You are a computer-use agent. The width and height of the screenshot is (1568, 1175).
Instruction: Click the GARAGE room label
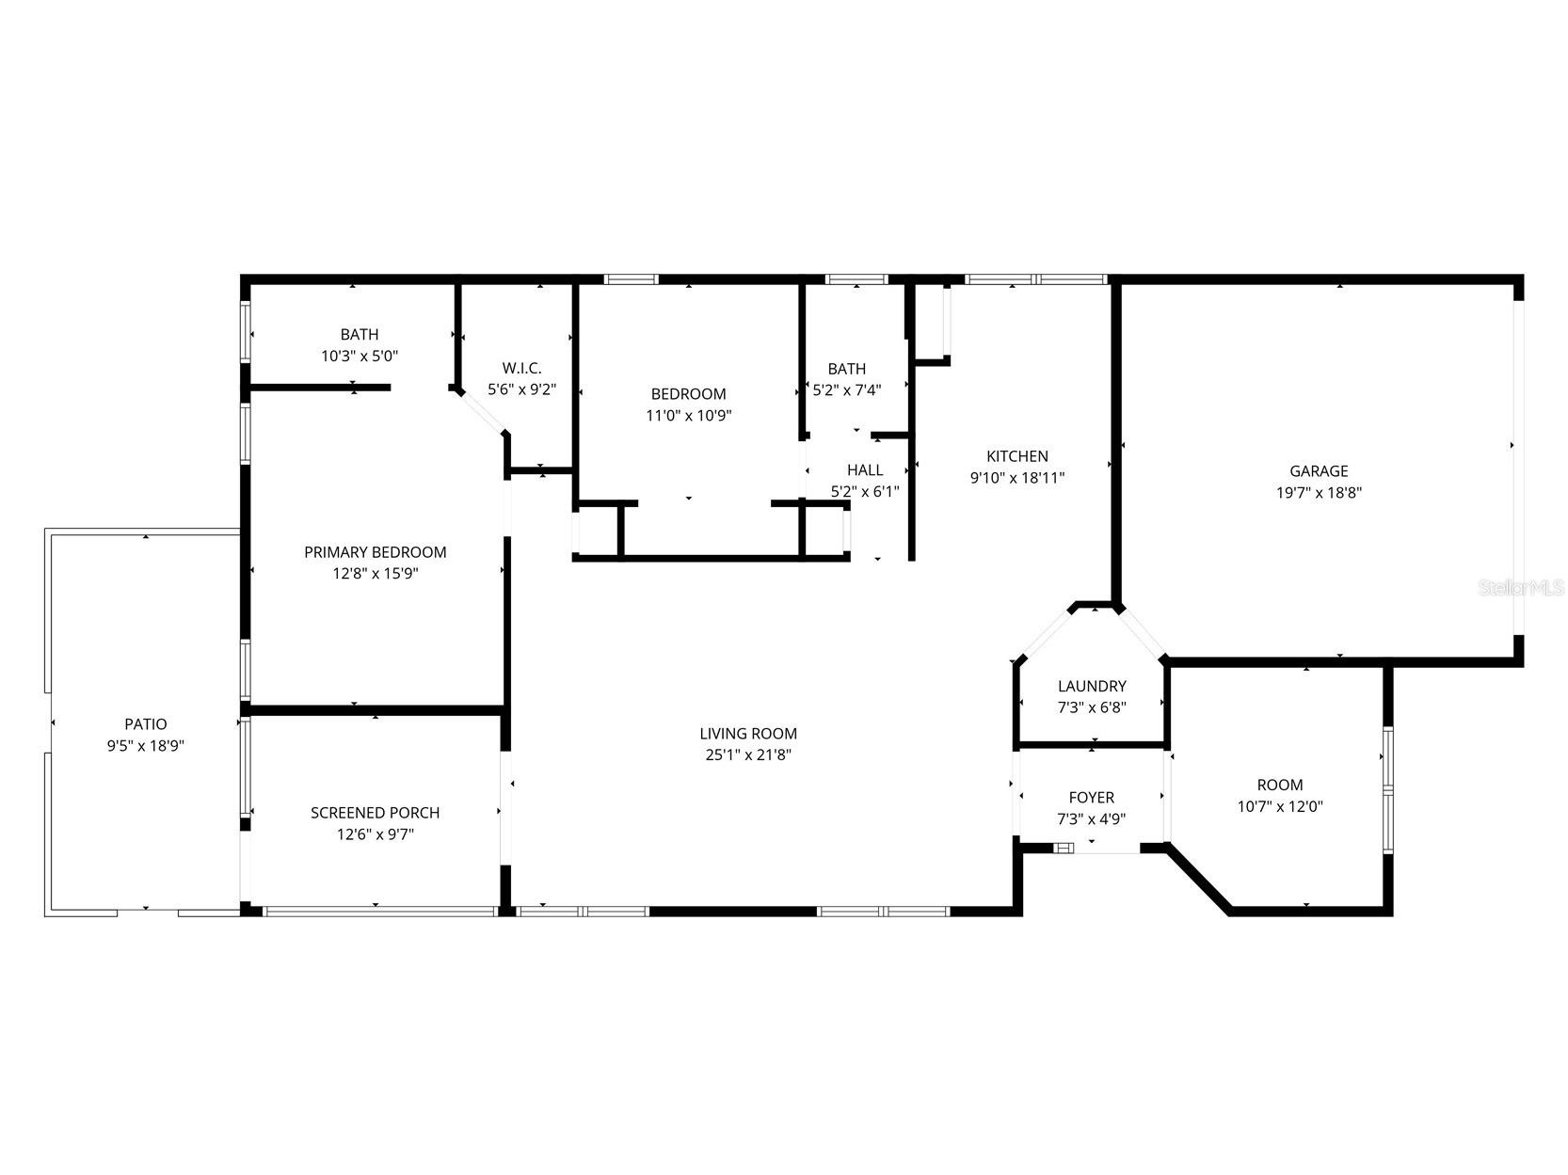pyautogui.click(x=1318, y=471)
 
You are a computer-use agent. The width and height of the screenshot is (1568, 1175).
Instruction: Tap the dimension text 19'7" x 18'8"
pyautogui.click(x=1318, y=492)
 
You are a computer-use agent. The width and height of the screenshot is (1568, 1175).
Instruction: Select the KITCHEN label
pyautogui.click(x=1016, y=456)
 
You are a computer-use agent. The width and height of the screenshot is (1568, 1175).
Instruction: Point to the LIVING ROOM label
pyautogui.click(x=748, y=734)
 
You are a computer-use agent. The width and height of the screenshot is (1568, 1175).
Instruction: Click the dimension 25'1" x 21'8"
pyautogui.click(x=748, y=754)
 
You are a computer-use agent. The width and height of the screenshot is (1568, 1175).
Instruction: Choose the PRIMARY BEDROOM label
pyautogui.click(x=375, y=552)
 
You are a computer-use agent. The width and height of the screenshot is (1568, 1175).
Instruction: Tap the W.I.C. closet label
pyautogui.click(x=521, y=368)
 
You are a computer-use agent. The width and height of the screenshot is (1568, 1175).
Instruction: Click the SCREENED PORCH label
pyautogui.click(x=375, y=813)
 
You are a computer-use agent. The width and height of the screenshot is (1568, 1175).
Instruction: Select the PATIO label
pyautogui.click(x=146, y=724)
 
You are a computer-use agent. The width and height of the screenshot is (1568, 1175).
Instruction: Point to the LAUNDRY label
pyautogui.click(x=1092, y=687)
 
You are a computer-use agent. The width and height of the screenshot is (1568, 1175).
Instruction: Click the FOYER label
pyautogui.click(x=1092, y=798)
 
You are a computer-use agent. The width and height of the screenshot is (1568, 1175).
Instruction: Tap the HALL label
pyautogui.click(x=865, y=470)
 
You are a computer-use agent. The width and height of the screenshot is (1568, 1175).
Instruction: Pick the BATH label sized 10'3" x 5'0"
pyautogui.click(x=360, y=335)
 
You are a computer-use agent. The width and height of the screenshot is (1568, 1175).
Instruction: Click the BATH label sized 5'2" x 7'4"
pyautogui.click(x=847, y=369)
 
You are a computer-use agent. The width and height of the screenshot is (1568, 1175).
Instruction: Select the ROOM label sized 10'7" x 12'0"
pyautogui.click(x=1280, y=786)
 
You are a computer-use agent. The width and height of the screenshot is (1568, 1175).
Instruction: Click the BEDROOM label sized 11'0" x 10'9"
pyautogui.click(x=688, y=394)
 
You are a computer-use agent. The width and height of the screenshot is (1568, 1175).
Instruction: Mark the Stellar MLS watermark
pyautogui.click(x=1520, y=588)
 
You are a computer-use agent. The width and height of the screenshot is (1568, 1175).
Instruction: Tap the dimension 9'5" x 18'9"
pyautogui.click(x=146, y=745)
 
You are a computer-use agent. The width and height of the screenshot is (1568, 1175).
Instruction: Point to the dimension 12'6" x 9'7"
pyautogui.click(x=375, y=834)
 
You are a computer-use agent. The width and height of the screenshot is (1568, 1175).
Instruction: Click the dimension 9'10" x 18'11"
pyautogui.click(x=1016, y=478)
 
